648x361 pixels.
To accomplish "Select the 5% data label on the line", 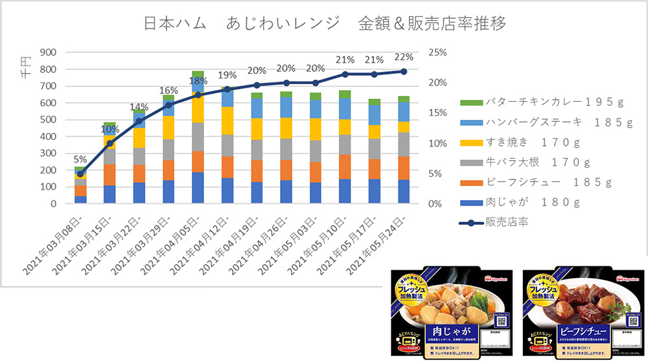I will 80,159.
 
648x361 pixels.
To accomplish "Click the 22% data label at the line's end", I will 403,58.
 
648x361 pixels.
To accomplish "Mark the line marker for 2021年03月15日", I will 110,143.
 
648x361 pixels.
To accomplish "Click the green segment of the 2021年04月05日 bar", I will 198,75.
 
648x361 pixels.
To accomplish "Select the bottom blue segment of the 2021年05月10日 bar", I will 345,191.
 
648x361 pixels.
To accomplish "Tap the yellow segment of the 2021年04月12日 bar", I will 227,121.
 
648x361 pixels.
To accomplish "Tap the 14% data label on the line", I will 139,108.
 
